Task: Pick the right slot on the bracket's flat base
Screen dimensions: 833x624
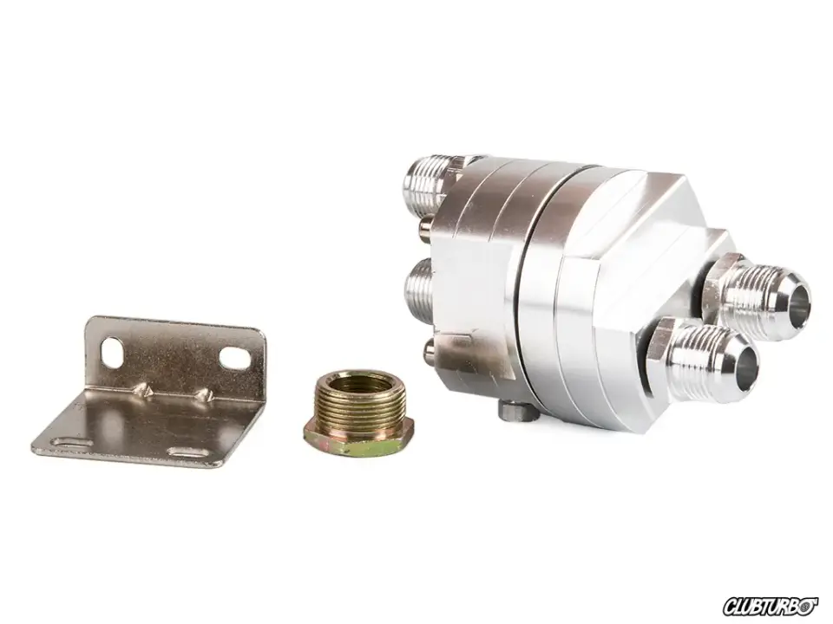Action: pos(188,452)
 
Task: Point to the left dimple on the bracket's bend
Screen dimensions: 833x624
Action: pos(141,390)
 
